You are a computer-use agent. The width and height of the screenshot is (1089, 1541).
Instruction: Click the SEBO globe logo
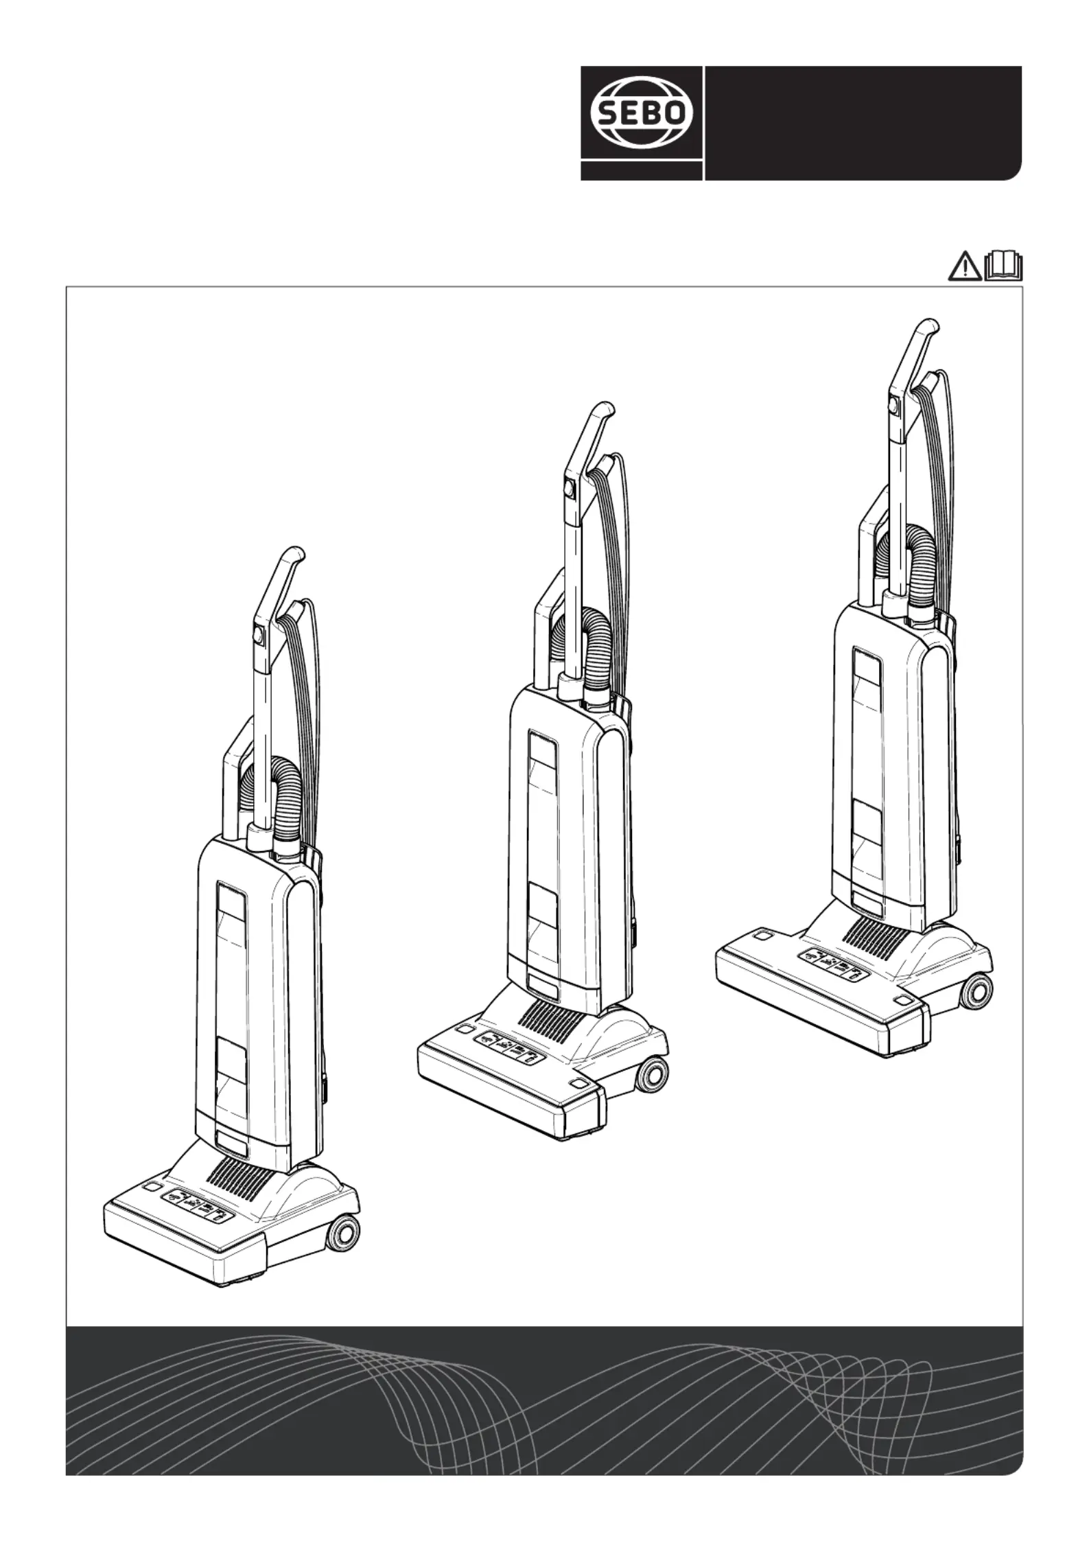[642, 113]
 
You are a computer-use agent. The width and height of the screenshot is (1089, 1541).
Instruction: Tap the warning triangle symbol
[965, 266]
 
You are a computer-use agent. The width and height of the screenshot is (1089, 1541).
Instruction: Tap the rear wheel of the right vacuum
[974, 990]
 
